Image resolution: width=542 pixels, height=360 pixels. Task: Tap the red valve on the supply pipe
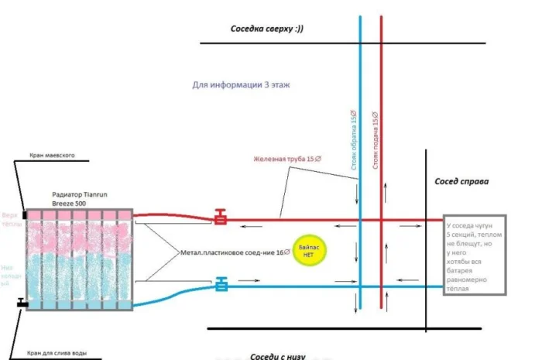[x=221, y=218]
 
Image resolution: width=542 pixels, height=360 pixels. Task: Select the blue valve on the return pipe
[x=221, y=285]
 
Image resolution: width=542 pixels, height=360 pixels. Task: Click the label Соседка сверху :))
[x=267, y=29]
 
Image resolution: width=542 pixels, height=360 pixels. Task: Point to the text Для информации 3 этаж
[x=241, y=85]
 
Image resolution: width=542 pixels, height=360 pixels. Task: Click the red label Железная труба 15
[x=288, y=159]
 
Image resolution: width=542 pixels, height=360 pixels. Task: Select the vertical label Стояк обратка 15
[x=354, y=140]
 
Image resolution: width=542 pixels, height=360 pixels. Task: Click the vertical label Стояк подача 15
[x=376, y=140]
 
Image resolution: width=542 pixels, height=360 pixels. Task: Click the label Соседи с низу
[x=278, y=356]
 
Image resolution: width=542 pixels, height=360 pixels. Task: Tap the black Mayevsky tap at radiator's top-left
[x=25, y=214]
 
